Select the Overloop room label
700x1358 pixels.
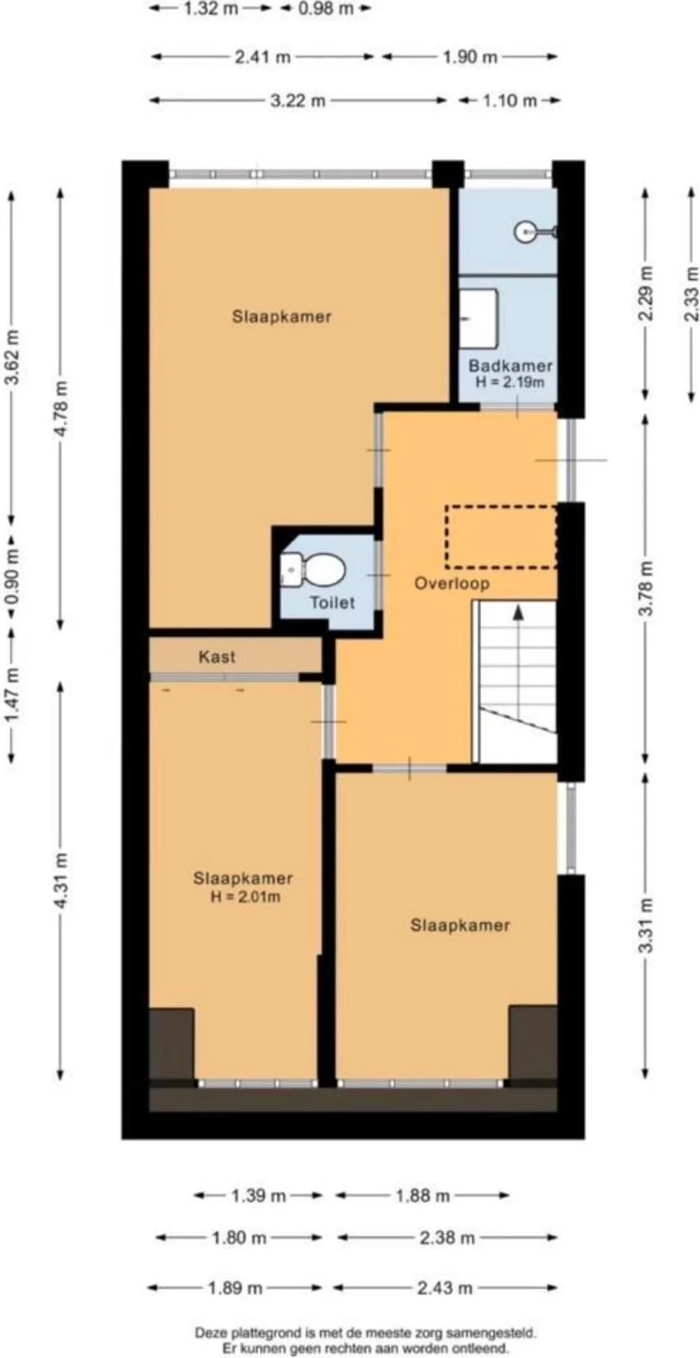pyautogui.click(x=452, y=584)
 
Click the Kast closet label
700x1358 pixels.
pyautogui.click(x=217, y=657)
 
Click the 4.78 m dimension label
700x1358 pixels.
pyautogui.click(x=61, y=408)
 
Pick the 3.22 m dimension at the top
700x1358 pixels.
pyautogui.click(x=298, y=100)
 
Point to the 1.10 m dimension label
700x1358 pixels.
pyautogui.click(x=510, y=100)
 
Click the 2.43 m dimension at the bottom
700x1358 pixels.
pyautogui.click(x=444, y=1288)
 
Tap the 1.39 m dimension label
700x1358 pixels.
pyautogui.click(x=258, y=1196)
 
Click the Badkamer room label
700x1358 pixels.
pyautogui.click(x=510, y=366)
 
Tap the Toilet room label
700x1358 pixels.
pyautogui.click(x=332, y=603)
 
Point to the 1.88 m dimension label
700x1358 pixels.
pyautogui.click(x=423, y=1196)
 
